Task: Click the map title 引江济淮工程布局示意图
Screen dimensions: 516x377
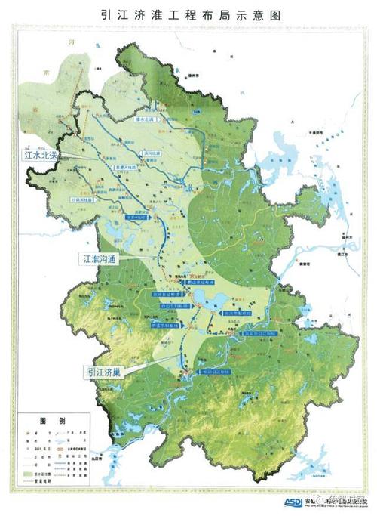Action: pyautogui.click(x=188, y=14)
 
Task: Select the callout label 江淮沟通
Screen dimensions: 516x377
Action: pyautogui.click(x=103, y=259)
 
